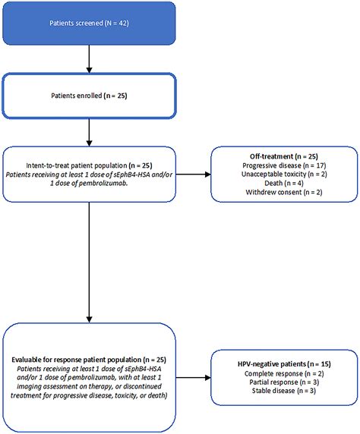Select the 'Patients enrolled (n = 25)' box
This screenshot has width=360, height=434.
coord(90,96)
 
